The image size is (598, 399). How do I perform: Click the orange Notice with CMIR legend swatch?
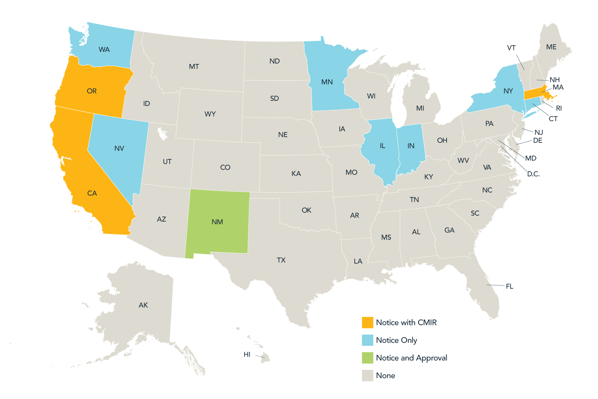[x=367, y=322]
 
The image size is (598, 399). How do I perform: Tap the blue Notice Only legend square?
[x=367, y=340]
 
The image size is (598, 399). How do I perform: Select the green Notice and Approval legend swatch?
[x=367, y=358]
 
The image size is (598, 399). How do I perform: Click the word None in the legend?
[x=385, y=375]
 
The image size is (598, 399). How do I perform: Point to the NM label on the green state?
[x=217, y=222]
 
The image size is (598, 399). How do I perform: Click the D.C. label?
[x=533, y=174]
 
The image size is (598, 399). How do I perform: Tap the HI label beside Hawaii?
[x=247, y=355]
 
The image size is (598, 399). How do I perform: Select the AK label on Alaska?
[x=143, y=305]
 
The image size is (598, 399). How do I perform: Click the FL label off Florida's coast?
[x=509, y=286]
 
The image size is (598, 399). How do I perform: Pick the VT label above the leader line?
[x=511, y=48]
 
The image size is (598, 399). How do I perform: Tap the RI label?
[x=559, y=108]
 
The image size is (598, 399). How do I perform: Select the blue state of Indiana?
[x=411, y=150]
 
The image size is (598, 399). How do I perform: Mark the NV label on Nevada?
[x=119, y=148]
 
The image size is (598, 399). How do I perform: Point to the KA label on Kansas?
[x=296, y=174]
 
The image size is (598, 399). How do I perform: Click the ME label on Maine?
[x=551, y=47]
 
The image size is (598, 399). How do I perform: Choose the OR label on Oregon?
[x=92, y=91]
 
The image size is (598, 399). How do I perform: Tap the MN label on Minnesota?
[x=327, y=82]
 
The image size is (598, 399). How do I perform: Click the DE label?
[x=537, y=141]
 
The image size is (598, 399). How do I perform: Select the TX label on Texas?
[x=281, y=260]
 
